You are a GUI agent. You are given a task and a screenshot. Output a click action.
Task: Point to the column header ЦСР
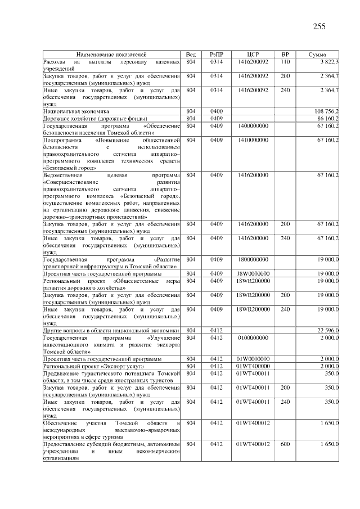(252, 54)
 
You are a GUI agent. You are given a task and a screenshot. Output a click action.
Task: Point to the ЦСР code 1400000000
(253, 126)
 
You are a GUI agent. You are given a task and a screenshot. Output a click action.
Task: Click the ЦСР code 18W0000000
(253, 273)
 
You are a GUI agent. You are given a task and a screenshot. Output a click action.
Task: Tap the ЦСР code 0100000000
(253, 337)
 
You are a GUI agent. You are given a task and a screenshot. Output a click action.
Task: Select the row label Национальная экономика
(76, 111)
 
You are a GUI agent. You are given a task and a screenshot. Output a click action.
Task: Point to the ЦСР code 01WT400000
(253, 366)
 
